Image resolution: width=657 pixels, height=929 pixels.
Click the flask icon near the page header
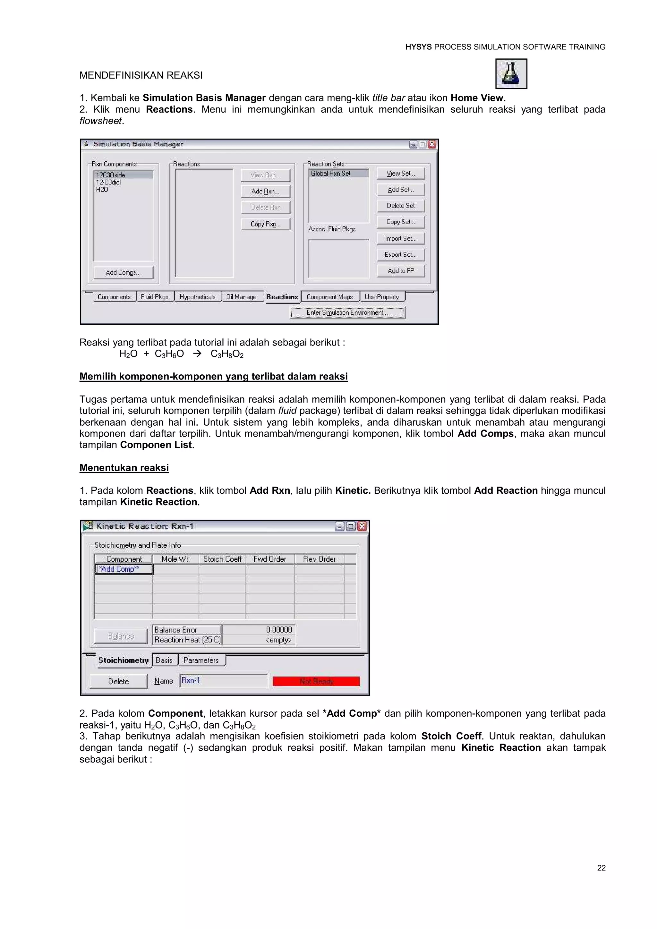(511, 74)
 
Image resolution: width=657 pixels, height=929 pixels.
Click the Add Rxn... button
(265, 191)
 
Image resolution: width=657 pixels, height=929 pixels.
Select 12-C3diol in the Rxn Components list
(108, 182)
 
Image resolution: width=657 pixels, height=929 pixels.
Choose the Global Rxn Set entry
(338, 173)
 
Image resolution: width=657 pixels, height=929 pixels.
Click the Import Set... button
(400, 238)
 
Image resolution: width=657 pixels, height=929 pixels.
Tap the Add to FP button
(400, 271)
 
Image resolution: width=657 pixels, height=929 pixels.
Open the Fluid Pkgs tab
(155, 297)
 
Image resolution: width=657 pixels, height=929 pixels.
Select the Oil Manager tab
(242, 297)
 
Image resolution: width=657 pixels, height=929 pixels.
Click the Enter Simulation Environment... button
(347, 312)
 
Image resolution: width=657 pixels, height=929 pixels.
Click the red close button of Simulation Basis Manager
(432, 144)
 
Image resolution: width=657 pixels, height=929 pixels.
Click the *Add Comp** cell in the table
(124, 569)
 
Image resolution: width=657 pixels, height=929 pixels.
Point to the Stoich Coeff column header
(222, 559)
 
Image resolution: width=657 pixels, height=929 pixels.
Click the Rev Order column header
(319, 559)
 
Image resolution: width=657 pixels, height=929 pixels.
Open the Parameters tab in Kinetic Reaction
(201, 660)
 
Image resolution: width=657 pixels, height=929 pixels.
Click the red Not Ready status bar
(316, 681)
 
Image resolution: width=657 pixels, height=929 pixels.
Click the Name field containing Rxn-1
(224, 681)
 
